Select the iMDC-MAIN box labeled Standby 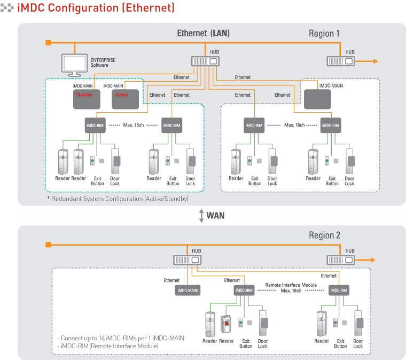(x=86, y=99)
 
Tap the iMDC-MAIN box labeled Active (x=126, y=99)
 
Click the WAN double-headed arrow (x=201, y=216)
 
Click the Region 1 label (x=324, y=34)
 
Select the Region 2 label (x=324, y=236)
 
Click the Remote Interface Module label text (x=291, y=285)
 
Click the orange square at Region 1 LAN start (x=48, y=42)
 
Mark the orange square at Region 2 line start (x=48, y=245)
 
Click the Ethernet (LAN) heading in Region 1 (x=203, y=34)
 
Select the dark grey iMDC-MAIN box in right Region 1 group (x=317, y=99)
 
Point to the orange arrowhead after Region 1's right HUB (x=375, y=61)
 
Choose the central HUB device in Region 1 (x=205, y=61)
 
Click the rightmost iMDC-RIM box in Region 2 (x=339, y=290)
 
